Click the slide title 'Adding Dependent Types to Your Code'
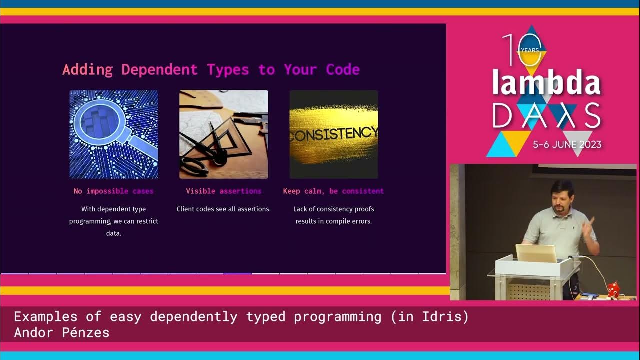(211, 69)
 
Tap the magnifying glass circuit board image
(114, 134)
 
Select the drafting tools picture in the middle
(223, 134)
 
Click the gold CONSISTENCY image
(334, 134)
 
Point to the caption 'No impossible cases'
(113, 191)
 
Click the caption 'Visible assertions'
(223, 191)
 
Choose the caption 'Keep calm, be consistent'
(333, 191)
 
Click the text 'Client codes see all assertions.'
(223, 209)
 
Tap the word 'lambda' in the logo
(546, 83)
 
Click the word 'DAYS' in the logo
(546, 116)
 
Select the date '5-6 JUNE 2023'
(567, 145)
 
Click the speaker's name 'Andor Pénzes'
(61, 332)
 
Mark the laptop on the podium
(536, 253)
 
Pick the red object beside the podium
(613, 289)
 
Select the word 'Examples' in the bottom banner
(45, 316)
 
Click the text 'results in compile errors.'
(333, 221)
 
